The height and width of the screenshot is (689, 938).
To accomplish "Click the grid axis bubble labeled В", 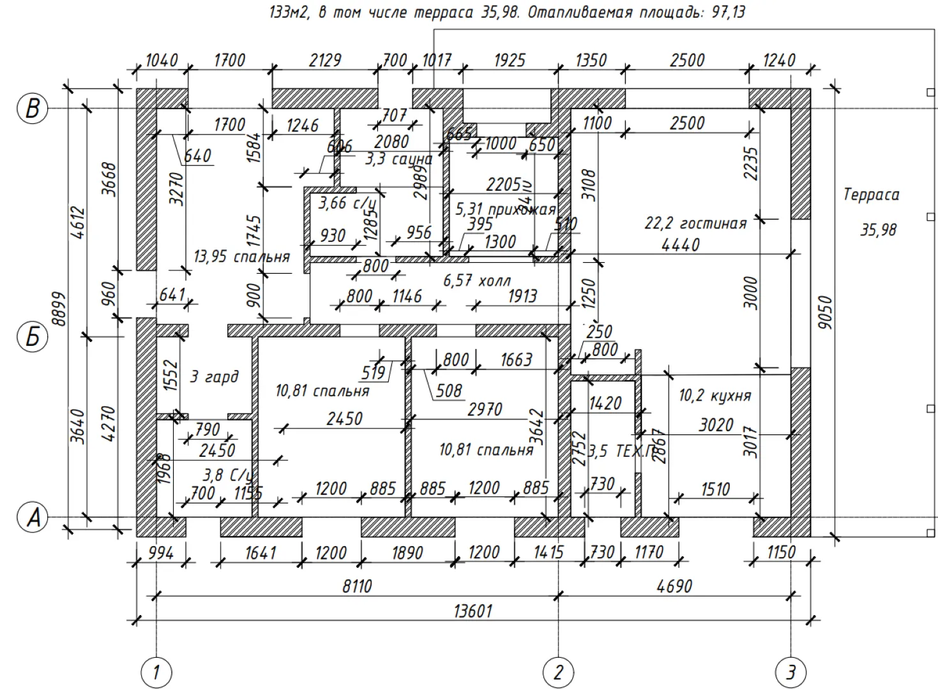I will pyautogui.click(x=32, y=108).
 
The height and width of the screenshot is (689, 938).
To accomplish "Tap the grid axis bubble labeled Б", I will pyautogui.click(x=32, y=336).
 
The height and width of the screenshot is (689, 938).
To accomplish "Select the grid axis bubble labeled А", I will pyautogui.click(x=32, y=517).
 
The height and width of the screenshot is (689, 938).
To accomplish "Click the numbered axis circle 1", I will pyautogui.click(x=156, y=672).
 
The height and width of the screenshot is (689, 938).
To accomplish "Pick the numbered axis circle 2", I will pyautogui.click(x=558, y=672).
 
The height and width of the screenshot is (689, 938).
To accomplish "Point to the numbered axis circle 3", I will pyautogui.click(x=790, y=672).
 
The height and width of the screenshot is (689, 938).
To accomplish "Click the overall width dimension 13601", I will pyautogui.click(x=473, y=611).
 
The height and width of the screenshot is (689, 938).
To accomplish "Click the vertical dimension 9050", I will pyautogui.click(x=826, y=312).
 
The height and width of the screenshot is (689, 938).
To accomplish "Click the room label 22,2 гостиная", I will pyautogui.click(x=695, y=224).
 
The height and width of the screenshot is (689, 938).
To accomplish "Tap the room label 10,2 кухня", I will pyautogui.click(x=715, y=396).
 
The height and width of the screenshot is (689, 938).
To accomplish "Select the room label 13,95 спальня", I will pyautogui.click(x=241, y=257).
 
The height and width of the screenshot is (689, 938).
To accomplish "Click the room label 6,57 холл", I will pyautogui.click(x=477, y=280).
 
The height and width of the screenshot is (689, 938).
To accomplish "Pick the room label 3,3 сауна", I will pyautogui.click(x=398, y=159).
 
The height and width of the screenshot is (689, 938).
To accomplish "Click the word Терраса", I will pyautogui.click(x=871, y=195).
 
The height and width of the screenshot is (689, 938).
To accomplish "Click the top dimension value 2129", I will pyautogui.click(x=325, y=60).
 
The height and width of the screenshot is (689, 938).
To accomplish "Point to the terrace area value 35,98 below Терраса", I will pyautogui.click(x=878, y=230).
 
